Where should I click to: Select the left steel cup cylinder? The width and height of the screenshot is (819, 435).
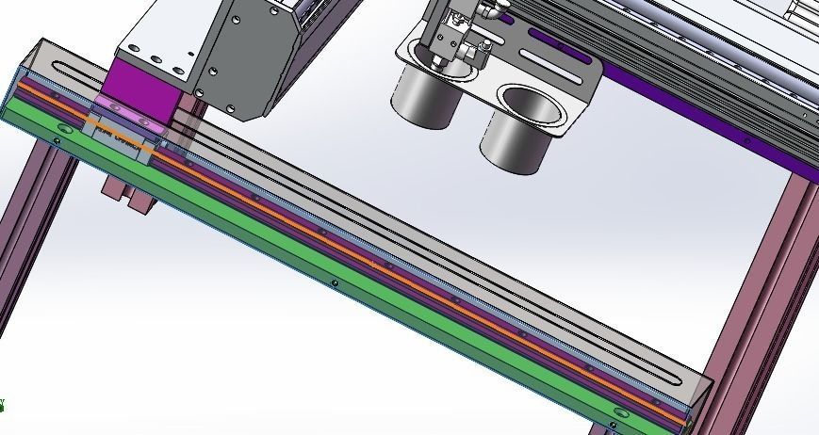[x=426, y=99]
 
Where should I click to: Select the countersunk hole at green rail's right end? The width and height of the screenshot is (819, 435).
[x=619, y=412]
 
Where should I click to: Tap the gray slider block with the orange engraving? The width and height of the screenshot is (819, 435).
[x=121, y=139]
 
